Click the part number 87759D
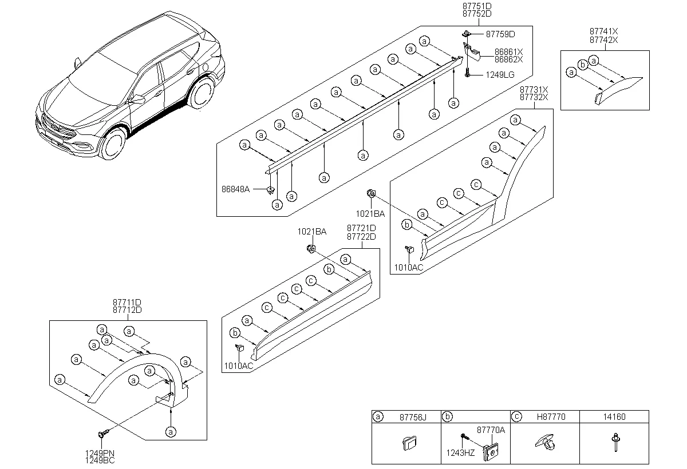tap(500, 34)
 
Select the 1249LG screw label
tap(500, 75)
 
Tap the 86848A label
tap(235, 189)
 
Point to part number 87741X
tap(603, 31)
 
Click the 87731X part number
tap(534, 89)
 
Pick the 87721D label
tap(361, 228)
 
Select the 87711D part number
tap(127, 303)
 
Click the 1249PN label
tap(100, 453)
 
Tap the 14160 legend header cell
tap(614, 416)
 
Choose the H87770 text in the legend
tap(551, 416)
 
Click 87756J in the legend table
tap(413, 417)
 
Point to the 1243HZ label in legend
tap(460, 453)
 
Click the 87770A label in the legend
tap(491, 430)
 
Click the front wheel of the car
tap(113, 144)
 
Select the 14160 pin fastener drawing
tap(615, 442)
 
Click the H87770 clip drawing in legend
tap(545, 442)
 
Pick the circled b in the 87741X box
tap(583, 65)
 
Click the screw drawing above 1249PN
tap(104, 433)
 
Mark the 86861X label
tap(508, 52)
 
